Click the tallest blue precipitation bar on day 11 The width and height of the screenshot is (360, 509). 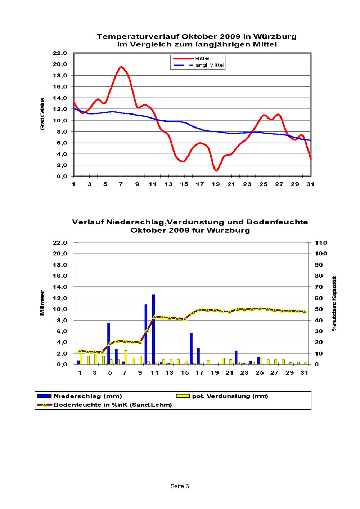tap(153, 329)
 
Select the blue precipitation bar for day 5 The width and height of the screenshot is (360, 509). tap(109, 343)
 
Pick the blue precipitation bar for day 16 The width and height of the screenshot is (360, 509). tap(191, 349)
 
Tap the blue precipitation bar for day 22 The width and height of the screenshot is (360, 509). tap(236, 357)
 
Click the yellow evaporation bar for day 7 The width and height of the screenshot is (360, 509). tap(126, 357)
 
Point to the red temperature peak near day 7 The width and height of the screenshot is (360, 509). tap(121, 67)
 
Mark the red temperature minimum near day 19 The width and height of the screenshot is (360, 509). tap(216, 170)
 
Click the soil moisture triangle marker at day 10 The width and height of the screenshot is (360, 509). tap(147, 331)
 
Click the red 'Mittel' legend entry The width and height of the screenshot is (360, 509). tap(191, 58)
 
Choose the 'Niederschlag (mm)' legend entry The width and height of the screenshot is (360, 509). tap(80, 396)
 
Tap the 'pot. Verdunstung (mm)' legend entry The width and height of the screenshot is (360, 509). tap(222, 396)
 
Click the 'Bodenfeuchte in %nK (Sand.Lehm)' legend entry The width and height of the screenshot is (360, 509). tap(104, 405)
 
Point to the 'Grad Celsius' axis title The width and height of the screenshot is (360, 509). tap(42, 114)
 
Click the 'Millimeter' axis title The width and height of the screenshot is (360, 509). tap(42, 303)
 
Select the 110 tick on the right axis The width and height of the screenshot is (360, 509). tap(321, 243)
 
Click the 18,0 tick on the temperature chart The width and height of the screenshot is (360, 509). tap(60, 75)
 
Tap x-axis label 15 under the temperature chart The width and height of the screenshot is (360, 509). tap(184, 184)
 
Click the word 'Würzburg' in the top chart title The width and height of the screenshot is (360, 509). tap(275, 37)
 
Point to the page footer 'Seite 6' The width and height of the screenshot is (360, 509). tap(180, 486)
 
